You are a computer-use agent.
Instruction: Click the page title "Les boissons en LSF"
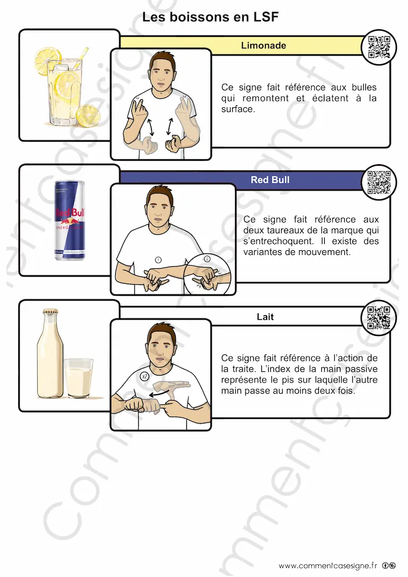(210, 17)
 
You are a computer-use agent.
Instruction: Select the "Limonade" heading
(263, 45)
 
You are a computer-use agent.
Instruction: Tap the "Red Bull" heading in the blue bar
(270, 180)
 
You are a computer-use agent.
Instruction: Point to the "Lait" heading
(265, 317)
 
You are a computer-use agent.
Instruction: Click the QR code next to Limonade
(379, 47)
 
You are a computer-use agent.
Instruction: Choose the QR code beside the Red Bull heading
(379, 182)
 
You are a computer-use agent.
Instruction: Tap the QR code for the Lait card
(379, 317)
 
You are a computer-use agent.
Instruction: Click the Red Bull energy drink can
(69, 220)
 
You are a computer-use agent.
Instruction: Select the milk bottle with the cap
(49, 353)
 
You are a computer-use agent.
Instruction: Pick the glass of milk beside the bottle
(79, 378)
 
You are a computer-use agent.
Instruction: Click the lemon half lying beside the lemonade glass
(88, 115)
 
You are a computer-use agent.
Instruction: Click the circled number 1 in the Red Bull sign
(158, 260)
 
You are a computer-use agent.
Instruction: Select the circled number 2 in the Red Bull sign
(207, 259)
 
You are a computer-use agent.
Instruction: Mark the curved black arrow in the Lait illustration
(159, 394)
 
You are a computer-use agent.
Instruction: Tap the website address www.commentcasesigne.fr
(328, 566)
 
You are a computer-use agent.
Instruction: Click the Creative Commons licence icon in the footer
(389, 566)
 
